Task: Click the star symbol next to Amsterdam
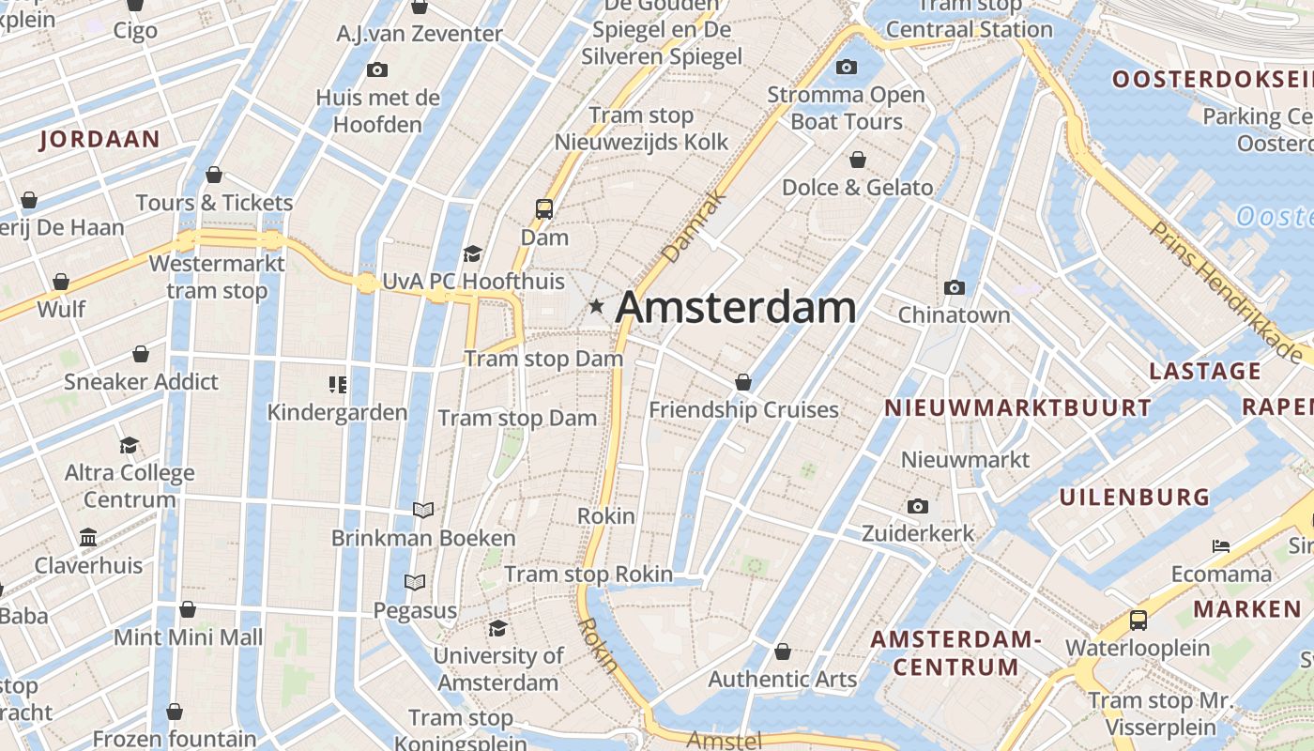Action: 596,306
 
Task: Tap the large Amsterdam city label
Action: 736,308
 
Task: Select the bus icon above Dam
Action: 544,208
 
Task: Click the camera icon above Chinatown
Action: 955,287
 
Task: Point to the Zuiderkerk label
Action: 918,533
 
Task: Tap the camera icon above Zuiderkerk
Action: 918,507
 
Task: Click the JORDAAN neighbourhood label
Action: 100,140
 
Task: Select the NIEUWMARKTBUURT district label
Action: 1017,407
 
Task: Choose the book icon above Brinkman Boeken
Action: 423,510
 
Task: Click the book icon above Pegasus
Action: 414,583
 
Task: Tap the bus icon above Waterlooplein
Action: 1138,620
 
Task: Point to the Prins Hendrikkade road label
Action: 1227,292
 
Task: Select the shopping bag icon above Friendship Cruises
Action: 743,382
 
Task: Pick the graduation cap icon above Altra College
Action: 129,445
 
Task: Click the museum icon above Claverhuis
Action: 88,538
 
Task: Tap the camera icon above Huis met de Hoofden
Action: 377,69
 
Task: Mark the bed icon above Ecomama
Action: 1220,545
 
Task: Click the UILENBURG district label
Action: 1135,498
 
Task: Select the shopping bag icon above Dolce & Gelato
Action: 857,160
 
